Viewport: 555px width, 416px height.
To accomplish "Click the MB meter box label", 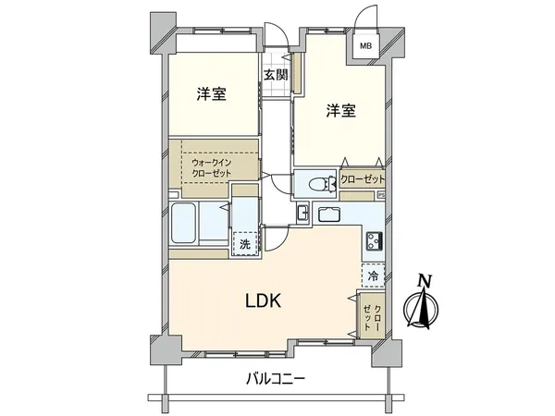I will tap(365, 45).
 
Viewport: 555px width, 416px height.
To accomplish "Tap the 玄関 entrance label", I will tap(275, 76).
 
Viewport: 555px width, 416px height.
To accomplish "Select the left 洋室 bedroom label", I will tap(211, 94).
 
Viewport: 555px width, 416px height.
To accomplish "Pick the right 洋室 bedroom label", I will tap(340, 112).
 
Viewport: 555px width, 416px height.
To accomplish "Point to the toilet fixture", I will tap(317, 182).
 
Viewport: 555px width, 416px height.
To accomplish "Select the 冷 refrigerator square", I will tap(373, 275).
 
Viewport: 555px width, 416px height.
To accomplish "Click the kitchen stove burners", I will tap(375, 242).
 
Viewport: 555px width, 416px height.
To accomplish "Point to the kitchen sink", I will tap(330, 214).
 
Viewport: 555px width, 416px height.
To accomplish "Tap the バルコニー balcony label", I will tap(276, 377).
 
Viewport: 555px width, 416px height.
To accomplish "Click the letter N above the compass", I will tap(425, 281).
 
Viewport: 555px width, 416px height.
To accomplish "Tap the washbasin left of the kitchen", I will tap(302, 214).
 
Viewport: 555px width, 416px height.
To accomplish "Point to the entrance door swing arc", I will tap(274, 35).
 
